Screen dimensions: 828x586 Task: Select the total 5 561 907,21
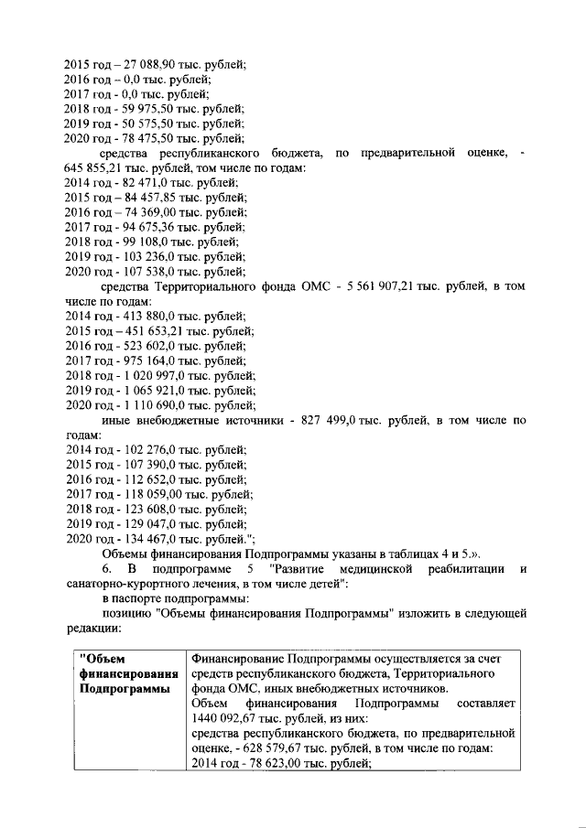point(385,285)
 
